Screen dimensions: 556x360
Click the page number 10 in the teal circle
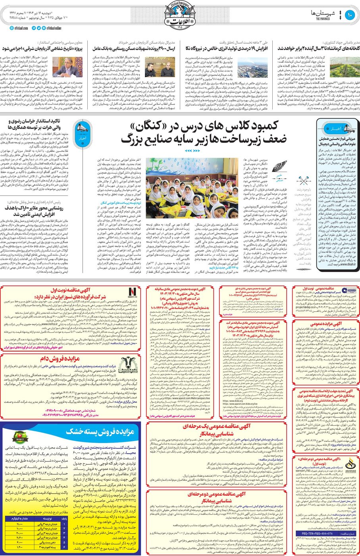tap(350, 15)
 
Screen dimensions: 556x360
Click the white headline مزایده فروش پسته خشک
tap(100, 431)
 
